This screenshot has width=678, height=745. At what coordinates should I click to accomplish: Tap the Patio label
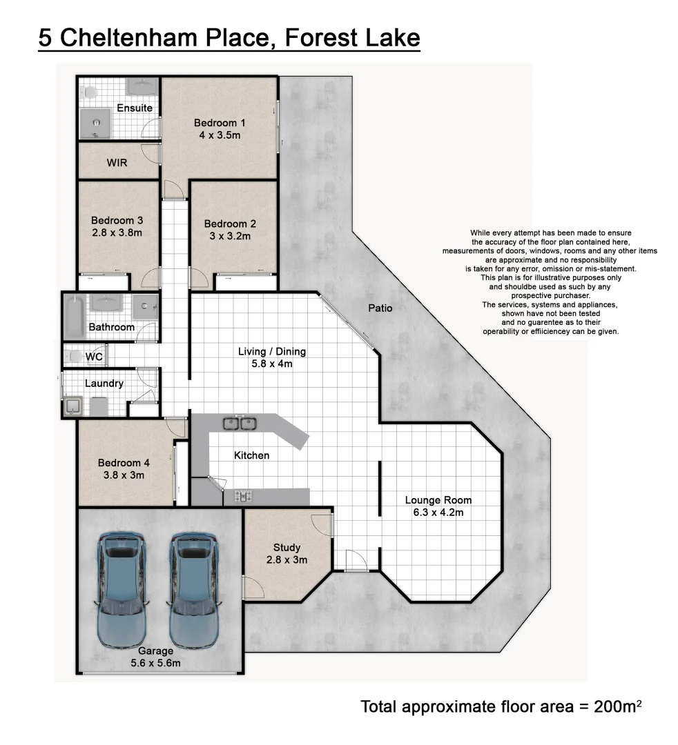point(380,308)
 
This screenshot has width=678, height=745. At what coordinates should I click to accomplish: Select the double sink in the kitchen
point(240,422)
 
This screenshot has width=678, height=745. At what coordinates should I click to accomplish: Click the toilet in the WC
point(75,357)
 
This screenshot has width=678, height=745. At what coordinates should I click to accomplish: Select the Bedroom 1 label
point(220,123)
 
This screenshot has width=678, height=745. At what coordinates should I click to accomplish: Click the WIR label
point(117,163)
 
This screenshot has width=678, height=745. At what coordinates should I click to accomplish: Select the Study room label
point(287,548)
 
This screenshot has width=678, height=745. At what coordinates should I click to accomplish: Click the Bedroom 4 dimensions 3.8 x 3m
point(124,475)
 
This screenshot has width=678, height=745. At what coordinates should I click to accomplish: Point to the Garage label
point(155,650)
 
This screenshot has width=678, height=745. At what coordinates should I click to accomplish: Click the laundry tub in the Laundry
point(72,407)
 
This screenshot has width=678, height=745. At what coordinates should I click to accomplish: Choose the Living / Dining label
point(271,351)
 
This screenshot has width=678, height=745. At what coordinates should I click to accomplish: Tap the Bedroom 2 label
point(230,223)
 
